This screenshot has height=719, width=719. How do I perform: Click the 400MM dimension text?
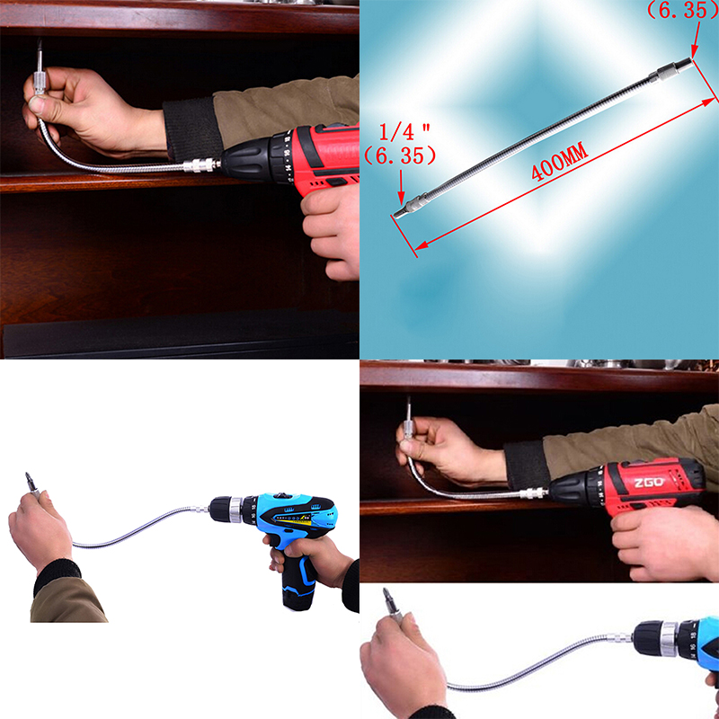tap(559, 162)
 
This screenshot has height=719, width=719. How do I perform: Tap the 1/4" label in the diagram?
tap(404, 132)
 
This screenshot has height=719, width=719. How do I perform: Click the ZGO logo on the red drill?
tap(649, 483)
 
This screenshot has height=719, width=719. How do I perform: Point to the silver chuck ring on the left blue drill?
tap(235, 509)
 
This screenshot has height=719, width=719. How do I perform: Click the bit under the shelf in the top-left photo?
tap(40, 54)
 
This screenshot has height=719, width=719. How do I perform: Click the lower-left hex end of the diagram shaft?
tap(399, 213)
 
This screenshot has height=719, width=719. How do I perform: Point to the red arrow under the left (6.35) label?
tap(401, 187)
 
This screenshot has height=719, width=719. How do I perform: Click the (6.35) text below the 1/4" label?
tap(400, 155)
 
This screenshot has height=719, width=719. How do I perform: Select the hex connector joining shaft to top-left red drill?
tap(200, 164)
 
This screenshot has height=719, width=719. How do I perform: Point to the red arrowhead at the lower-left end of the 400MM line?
tap(421, 245)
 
